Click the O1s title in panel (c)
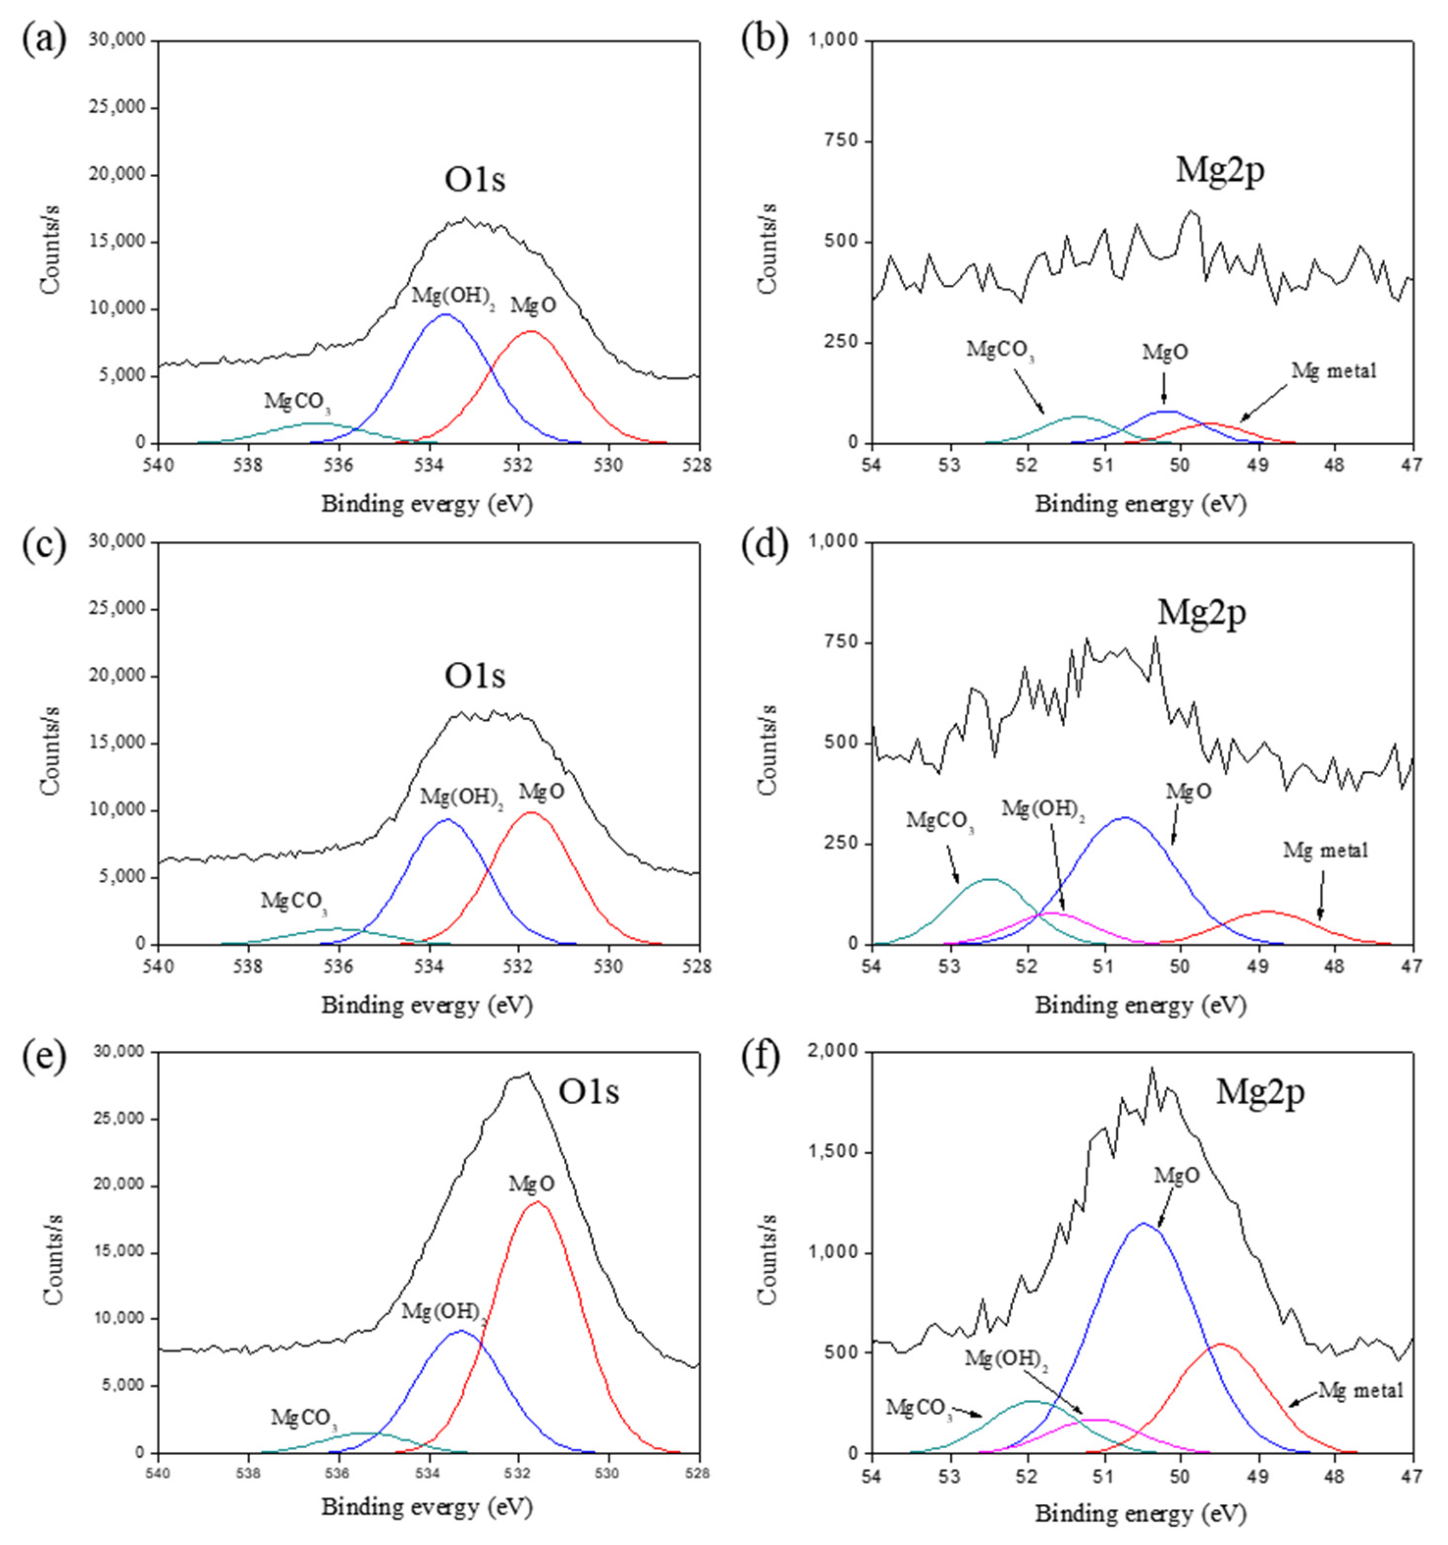click(474, 676)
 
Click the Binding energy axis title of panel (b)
click(1140, 504)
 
